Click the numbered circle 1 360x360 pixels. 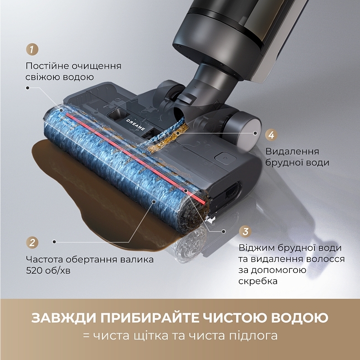point(31,49)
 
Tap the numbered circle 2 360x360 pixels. point(31,242)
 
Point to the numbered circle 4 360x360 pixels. point(271,135)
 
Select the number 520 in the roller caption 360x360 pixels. point(35,270)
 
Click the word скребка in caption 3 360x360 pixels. point(258,281)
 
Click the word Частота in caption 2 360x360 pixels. point(44,259)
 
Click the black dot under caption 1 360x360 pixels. point(28,88)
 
